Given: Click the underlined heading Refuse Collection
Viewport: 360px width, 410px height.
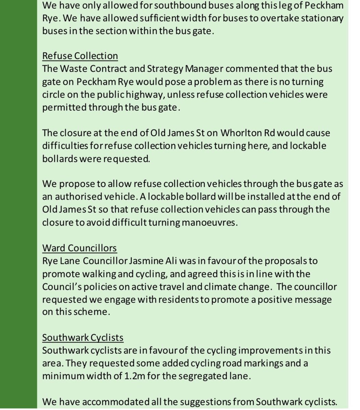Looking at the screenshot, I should pyautogui.click(x=80, y=56).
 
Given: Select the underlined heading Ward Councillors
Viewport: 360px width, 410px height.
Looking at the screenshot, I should pyautogui.click(x=79, y=248).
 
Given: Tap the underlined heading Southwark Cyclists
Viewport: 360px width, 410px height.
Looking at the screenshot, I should pyautogui.click(x=83, y=338).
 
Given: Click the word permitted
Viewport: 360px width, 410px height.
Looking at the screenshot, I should pyautogui.click(x=64, y=107).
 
